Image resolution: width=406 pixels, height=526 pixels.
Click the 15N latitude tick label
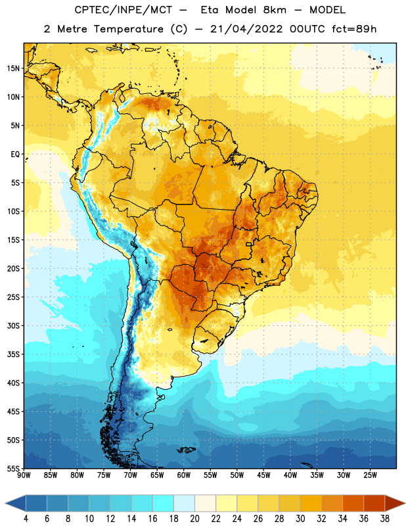pos(13,68)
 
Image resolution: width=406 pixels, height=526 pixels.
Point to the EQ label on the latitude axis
pos(15,155)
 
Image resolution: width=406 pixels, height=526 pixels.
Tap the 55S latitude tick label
pos(13,468)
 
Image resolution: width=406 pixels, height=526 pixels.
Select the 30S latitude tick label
pos(13,325)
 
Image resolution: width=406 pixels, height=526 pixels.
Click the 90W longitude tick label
pos(24,475)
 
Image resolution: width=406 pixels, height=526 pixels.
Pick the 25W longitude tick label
pos(370,475)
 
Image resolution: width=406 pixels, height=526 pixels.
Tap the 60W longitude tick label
pos(184,475)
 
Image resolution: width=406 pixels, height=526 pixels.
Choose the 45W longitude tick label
pos(263,475)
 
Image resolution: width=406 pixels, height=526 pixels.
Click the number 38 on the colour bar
pos(385,519)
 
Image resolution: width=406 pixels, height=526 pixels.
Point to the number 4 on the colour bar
pos(26,519)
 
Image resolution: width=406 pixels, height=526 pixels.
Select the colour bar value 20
pos(194,519)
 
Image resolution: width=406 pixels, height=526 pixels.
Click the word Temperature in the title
pos(129,29)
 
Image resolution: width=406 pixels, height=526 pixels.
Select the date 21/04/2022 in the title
pos(246,29)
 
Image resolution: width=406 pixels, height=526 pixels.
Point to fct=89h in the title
pos(354,29)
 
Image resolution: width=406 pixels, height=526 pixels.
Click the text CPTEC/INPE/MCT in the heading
pos(124,10)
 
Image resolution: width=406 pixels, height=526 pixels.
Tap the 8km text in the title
pos(275,10)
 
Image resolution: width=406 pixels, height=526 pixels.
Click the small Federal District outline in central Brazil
pos(249,244)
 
